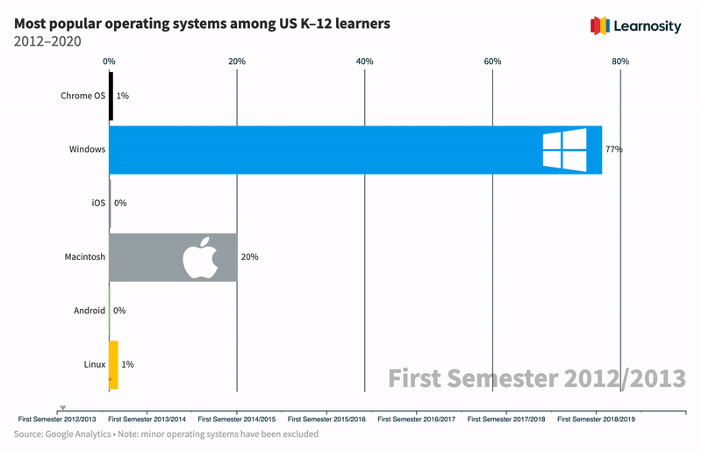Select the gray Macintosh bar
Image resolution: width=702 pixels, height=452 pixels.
(149, 257)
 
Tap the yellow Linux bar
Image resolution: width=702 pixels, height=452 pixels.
(113, 364)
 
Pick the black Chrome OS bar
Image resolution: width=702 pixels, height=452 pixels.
(111, 96)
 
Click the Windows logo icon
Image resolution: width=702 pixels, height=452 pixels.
(563, 149)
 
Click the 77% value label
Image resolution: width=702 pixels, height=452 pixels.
(613, 149)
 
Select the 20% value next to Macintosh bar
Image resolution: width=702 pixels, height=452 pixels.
(249, 257)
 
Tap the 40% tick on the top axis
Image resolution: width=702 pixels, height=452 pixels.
(364, 61)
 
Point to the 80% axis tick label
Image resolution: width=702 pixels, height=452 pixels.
(620, 61)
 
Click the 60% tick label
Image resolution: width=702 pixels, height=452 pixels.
(492, 61)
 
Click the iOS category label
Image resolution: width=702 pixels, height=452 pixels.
(98, 203)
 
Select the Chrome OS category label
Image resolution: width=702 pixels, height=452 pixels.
(82, 96)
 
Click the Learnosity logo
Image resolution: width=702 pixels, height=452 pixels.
(637, 26)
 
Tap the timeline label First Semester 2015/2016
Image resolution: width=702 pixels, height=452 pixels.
(327, 420)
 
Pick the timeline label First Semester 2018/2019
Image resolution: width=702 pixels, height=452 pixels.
(596, 420)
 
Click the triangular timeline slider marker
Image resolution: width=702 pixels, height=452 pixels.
(62, 408)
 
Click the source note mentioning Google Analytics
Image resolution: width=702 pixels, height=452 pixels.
(166, 434)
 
